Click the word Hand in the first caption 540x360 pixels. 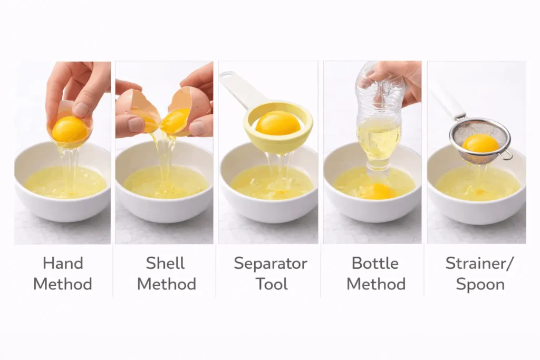62,263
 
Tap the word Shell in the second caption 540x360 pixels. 166,263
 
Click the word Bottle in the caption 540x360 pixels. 375,263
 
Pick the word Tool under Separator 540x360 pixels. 272,284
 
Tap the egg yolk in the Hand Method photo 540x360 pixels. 70,129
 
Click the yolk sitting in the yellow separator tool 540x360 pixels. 278,123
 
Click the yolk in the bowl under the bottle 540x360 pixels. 378,191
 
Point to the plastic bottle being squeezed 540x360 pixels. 378,121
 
